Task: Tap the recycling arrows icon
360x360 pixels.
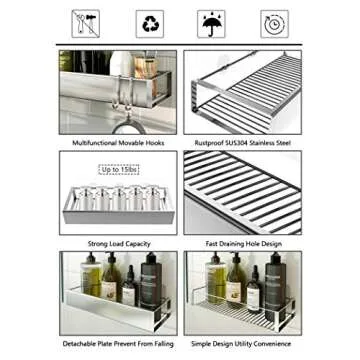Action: coord(149,23)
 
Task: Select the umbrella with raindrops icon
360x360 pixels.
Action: coord(211,23)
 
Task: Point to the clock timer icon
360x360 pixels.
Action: coord(272,23)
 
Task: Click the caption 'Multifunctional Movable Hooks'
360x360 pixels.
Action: coord(118,143)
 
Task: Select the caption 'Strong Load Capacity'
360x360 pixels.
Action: coord(118,242)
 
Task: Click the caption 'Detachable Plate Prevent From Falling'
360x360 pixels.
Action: coord(118,344)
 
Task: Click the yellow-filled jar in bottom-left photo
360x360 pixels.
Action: coord(92,284)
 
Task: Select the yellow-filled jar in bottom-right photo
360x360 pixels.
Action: coord(217,284)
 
